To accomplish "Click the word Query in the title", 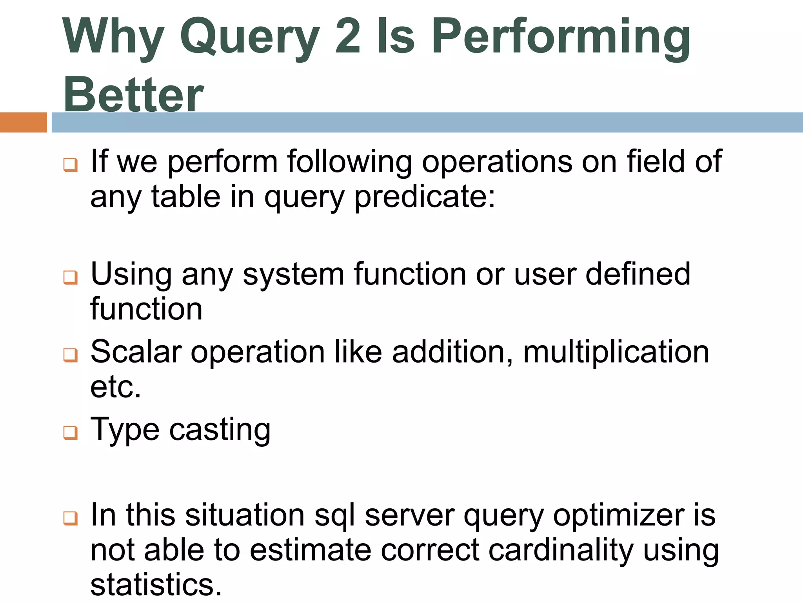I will click(x=249, y=37).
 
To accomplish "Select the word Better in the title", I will click(x=133, y=94).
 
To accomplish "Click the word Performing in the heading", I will click(x=561, y=37).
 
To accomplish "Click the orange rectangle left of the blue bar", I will click(x=23, y=122).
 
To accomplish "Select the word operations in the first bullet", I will click(x=496, y=161).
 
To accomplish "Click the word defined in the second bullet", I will click(x=638, y=274).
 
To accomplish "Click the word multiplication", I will click(x=616, y=352).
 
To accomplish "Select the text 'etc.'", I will click(x=115, y=387).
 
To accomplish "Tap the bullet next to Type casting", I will click(x=71, y=433).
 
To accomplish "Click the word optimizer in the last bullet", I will click(x=619, y=515).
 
